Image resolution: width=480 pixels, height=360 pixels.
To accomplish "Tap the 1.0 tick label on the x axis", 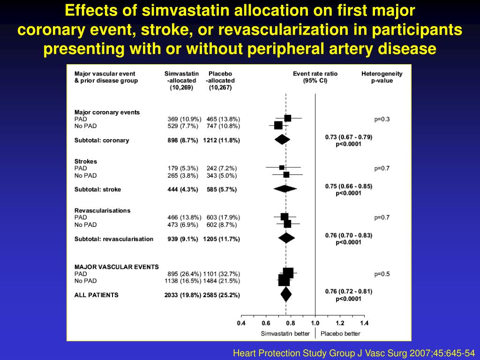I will (315, 323).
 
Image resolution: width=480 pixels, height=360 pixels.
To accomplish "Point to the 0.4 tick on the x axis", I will (241, 323).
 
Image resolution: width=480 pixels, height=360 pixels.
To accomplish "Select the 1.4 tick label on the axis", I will (364, 323).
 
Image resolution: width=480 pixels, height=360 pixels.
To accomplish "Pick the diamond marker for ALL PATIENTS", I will (286, 295).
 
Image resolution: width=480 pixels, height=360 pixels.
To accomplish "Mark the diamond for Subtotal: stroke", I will (285, 189).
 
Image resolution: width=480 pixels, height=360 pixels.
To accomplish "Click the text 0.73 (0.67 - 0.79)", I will (348, 137).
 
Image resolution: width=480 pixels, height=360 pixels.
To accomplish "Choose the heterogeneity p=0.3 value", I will (382, 119).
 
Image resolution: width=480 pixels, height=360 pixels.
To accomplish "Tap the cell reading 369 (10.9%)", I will (184, 119).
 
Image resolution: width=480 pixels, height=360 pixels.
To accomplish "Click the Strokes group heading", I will (86, 161).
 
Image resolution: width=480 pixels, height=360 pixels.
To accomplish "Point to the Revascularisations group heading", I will (102, 210).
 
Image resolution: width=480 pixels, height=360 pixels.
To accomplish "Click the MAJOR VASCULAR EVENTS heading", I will (116, 267).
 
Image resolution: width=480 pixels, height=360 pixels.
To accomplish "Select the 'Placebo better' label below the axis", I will (340, 334).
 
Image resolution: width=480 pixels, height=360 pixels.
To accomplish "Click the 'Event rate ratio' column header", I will (315, 74).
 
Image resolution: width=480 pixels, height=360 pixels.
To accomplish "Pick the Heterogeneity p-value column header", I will (382, 77).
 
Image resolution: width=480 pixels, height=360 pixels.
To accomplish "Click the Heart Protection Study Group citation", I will (354, 352).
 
